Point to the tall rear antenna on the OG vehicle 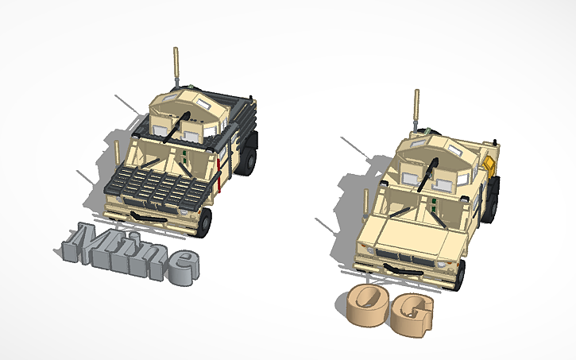tap(415, 106)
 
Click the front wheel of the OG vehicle tap(460, 274)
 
